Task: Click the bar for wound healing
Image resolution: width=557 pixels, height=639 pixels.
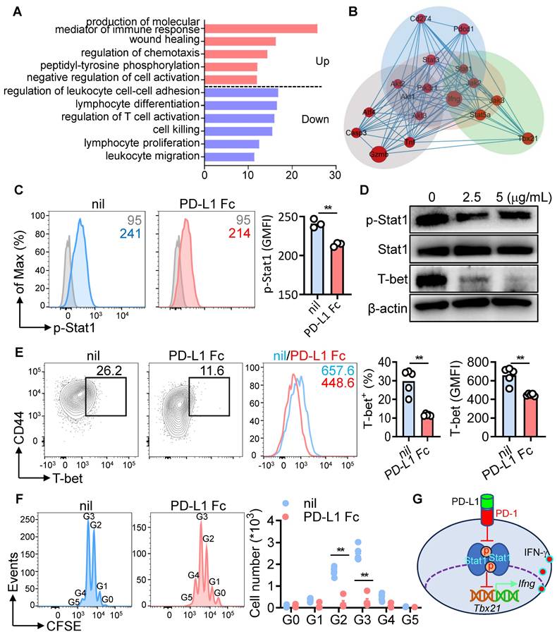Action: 240,42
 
